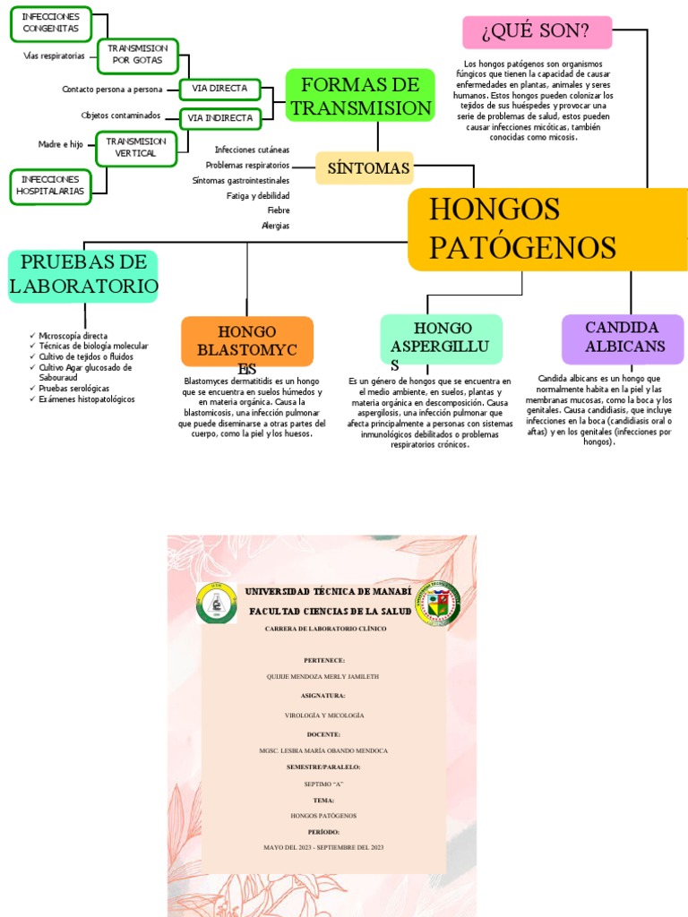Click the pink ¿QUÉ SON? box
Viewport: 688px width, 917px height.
pos(537,32)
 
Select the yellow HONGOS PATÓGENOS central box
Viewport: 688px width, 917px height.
pos(546,229)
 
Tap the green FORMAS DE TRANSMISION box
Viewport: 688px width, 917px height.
pos(360,97)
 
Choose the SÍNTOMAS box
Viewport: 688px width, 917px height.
pos(365,167)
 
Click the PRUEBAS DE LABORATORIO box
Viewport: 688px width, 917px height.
pos(83,275)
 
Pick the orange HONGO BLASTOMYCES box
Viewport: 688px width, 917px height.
pos(247,341)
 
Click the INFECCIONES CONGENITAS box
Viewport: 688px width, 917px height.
pos(50,23)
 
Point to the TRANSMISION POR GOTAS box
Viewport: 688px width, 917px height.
pos(138,54)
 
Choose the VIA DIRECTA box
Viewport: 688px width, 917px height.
pos(219,89)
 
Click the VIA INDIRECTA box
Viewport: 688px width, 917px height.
pos(219,117)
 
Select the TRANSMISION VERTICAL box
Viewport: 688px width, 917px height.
pos(136,147)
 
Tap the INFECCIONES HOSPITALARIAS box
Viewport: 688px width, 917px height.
pos(50,185)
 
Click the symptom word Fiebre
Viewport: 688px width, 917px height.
pos(278,210)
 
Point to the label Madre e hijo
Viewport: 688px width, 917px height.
pos(61,144)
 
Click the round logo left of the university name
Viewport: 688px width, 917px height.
pos(216,604)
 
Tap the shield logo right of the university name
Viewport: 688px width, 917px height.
pos(438,603)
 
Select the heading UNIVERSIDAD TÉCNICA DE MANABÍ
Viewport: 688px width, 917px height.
pos(328,593)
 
